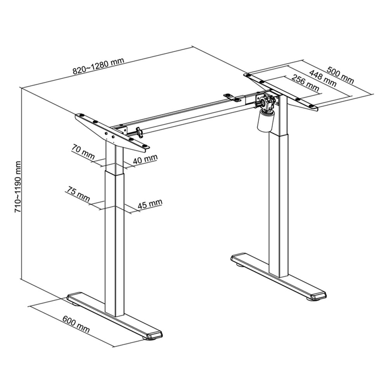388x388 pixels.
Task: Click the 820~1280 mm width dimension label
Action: (98, 66)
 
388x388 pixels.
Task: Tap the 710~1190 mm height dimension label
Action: (17, 187)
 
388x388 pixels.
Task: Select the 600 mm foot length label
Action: (76, 324)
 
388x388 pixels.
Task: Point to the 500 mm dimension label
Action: (340, 75)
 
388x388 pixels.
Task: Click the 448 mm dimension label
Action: (322, 78)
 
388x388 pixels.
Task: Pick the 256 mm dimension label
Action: (305, 83)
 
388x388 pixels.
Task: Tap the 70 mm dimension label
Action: (83, 151)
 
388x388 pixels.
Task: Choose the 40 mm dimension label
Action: (145, 159)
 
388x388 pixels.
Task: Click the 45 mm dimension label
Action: (150, 203)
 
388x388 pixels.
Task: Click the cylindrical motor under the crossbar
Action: (265, 121)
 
